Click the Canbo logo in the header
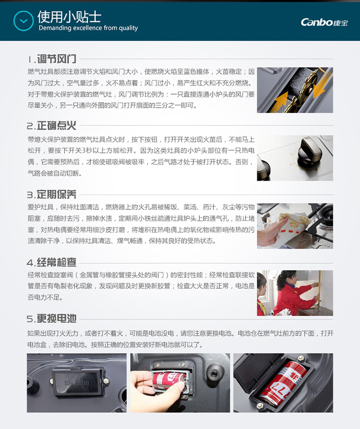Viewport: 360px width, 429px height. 324,22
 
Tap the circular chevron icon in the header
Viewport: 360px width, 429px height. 24,21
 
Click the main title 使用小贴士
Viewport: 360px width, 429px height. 69,17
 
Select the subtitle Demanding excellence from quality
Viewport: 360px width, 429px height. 88,28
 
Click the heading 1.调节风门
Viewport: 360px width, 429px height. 52,59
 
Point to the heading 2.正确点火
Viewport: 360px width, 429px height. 51,125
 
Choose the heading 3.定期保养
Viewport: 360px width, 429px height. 51,195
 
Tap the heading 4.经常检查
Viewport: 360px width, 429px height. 51,262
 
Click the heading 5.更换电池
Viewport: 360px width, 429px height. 51,319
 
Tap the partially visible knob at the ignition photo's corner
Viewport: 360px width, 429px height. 263,170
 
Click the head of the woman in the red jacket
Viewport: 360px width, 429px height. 287,279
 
